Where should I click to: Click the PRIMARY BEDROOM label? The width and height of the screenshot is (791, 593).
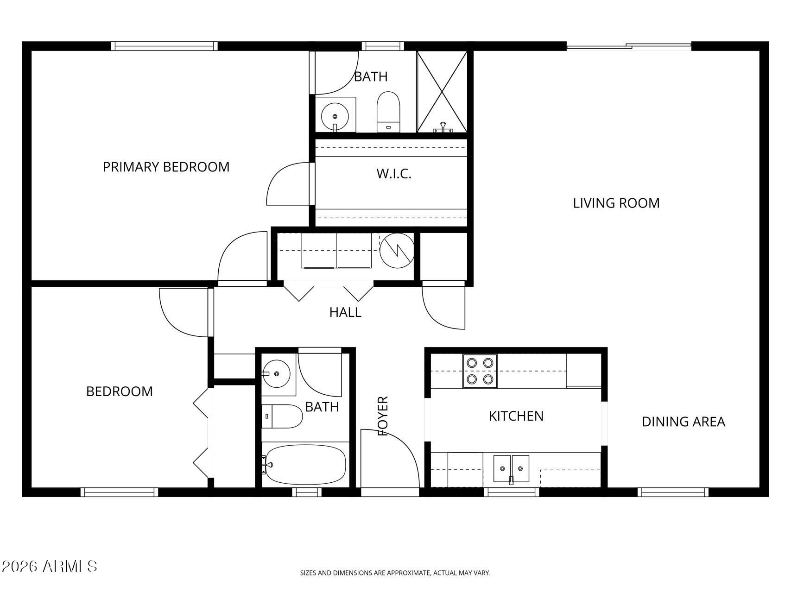tap(166, 167)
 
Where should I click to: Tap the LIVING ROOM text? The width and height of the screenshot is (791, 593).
tap(616, 203)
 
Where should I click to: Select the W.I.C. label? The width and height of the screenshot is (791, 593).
tap(394, 174)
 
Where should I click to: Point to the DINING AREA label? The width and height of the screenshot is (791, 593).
tap(683, 422)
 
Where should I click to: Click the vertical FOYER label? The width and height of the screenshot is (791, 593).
tap(383, 416)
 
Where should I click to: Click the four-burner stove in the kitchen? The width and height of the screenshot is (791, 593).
tap(480, 371)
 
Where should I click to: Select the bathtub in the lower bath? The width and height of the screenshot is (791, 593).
tap(304, 465)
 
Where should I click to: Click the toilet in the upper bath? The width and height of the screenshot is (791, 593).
tap(388, 111)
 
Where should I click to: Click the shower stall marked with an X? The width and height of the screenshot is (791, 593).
tap(442, 91)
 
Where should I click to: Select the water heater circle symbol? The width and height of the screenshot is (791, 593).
tap(397, 251)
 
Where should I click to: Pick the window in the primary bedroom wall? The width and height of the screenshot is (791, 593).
tap(165, 46)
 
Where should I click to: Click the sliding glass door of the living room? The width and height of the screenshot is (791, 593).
tap(629, 46)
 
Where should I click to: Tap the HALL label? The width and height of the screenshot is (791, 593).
tap(345, 312)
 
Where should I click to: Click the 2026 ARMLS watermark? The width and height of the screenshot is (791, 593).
tap(49, 566)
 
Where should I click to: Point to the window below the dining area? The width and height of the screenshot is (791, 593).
tap(673, 492)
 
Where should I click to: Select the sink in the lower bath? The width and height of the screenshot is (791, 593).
tap(277, 373)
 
